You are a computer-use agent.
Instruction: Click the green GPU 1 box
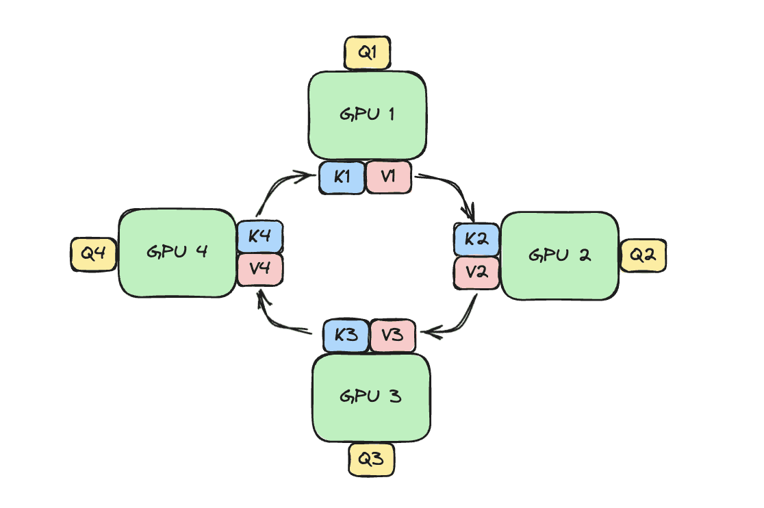tap(368, 115)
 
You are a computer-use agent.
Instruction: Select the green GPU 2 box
tap(560, 255)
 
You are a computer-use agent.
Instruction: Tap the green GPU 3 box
tap(371, 397)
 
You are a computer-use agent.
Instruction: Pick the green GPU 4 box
tap(177, 252)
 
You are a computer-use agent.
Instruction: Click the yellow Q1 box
tap(366, 53)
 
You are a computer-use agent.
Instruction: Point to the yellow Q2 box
tap(643, 255)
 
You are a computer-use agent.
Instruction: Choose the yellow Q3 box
tap(371, 459)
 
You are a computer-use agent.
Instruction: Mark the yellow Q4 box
tap(94, 253)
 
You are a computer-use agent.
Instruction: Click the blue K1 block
tap(342, 177)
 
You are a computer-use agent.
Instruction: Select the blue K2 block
tap(476, 240)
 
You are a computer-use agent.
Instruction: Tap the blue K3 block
tap(346, 336)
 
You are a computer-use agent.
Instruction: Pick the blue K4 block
tap(260, 237)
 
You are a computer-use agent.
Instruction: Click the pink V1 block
tap(389, 177)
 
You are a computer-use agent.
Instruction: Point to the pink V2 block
tap(476, 272)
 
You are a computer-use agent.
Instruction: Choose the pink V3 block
tap(393, 336)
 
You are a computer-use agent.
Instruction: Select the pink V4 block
tap(260, 269)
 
